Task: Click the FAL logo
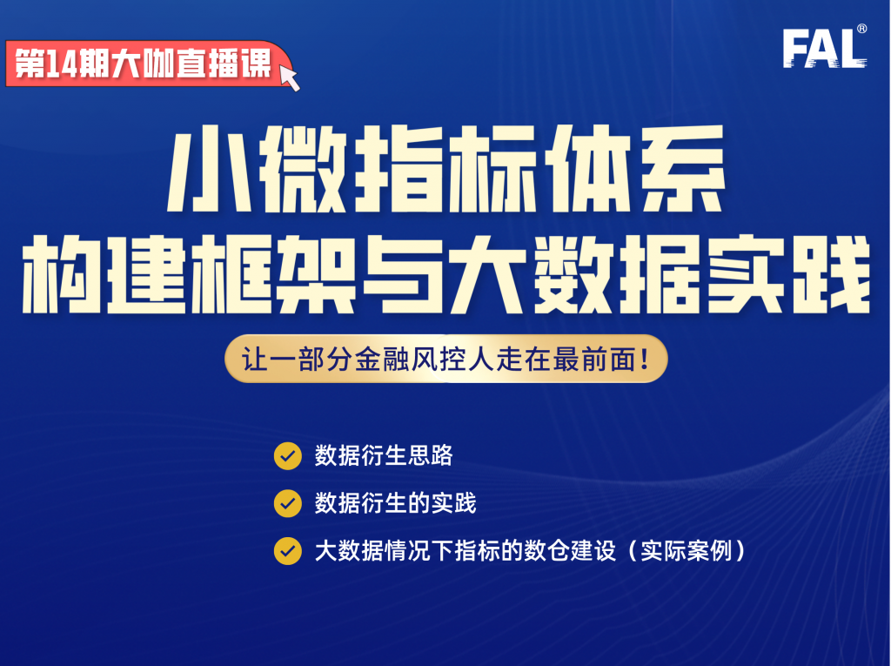[x=822, y=49]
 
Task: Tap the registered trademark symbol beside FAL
[x=861, y=30]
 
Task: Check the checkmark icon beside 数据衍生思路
[x=287, y=456]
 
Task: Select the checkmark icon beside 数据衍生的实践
[x=287, y=503]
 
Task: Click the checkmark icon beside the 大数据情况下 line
[x=287, y=551]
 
